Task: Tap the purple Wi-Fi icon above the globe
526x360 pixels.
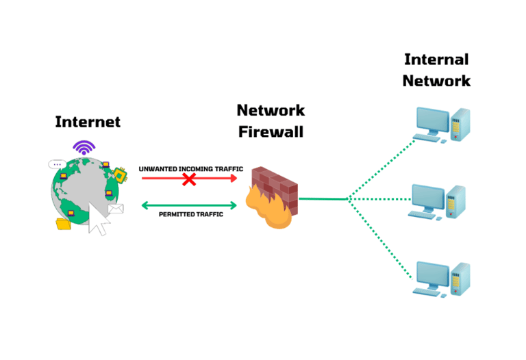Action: click(84, 148)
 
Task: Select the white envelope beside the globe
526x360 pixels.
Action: click(114, 209)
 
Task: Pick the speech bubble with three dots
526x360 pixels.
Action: click(57, 164)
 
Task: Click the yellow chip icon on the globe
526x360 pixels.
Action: click(122, 175)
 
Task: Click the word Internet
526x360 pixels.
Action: click(88, 122)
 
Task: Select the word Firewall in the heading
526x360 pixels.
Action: click(271, 131)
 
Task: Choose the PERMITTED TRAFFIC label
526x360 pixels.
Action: click(188, 214)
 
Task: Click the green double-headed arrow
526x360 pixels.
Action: click(189, 204)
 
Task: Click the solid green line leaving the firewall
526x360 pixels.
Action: click(323, 199)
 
